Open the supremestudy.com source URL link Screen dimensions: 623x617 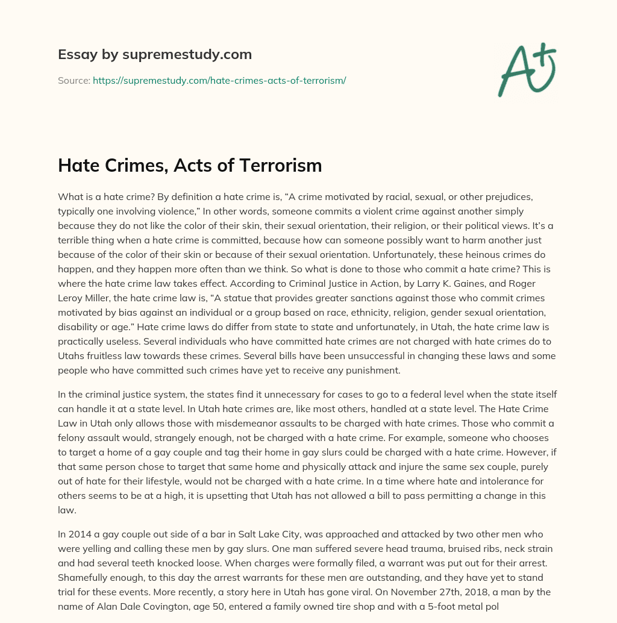tap(219, 80)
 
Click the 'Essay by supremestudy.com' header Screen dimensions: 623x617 tap(154, 55)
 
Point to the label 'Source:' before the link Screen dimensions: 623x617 tap(74, 80)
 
